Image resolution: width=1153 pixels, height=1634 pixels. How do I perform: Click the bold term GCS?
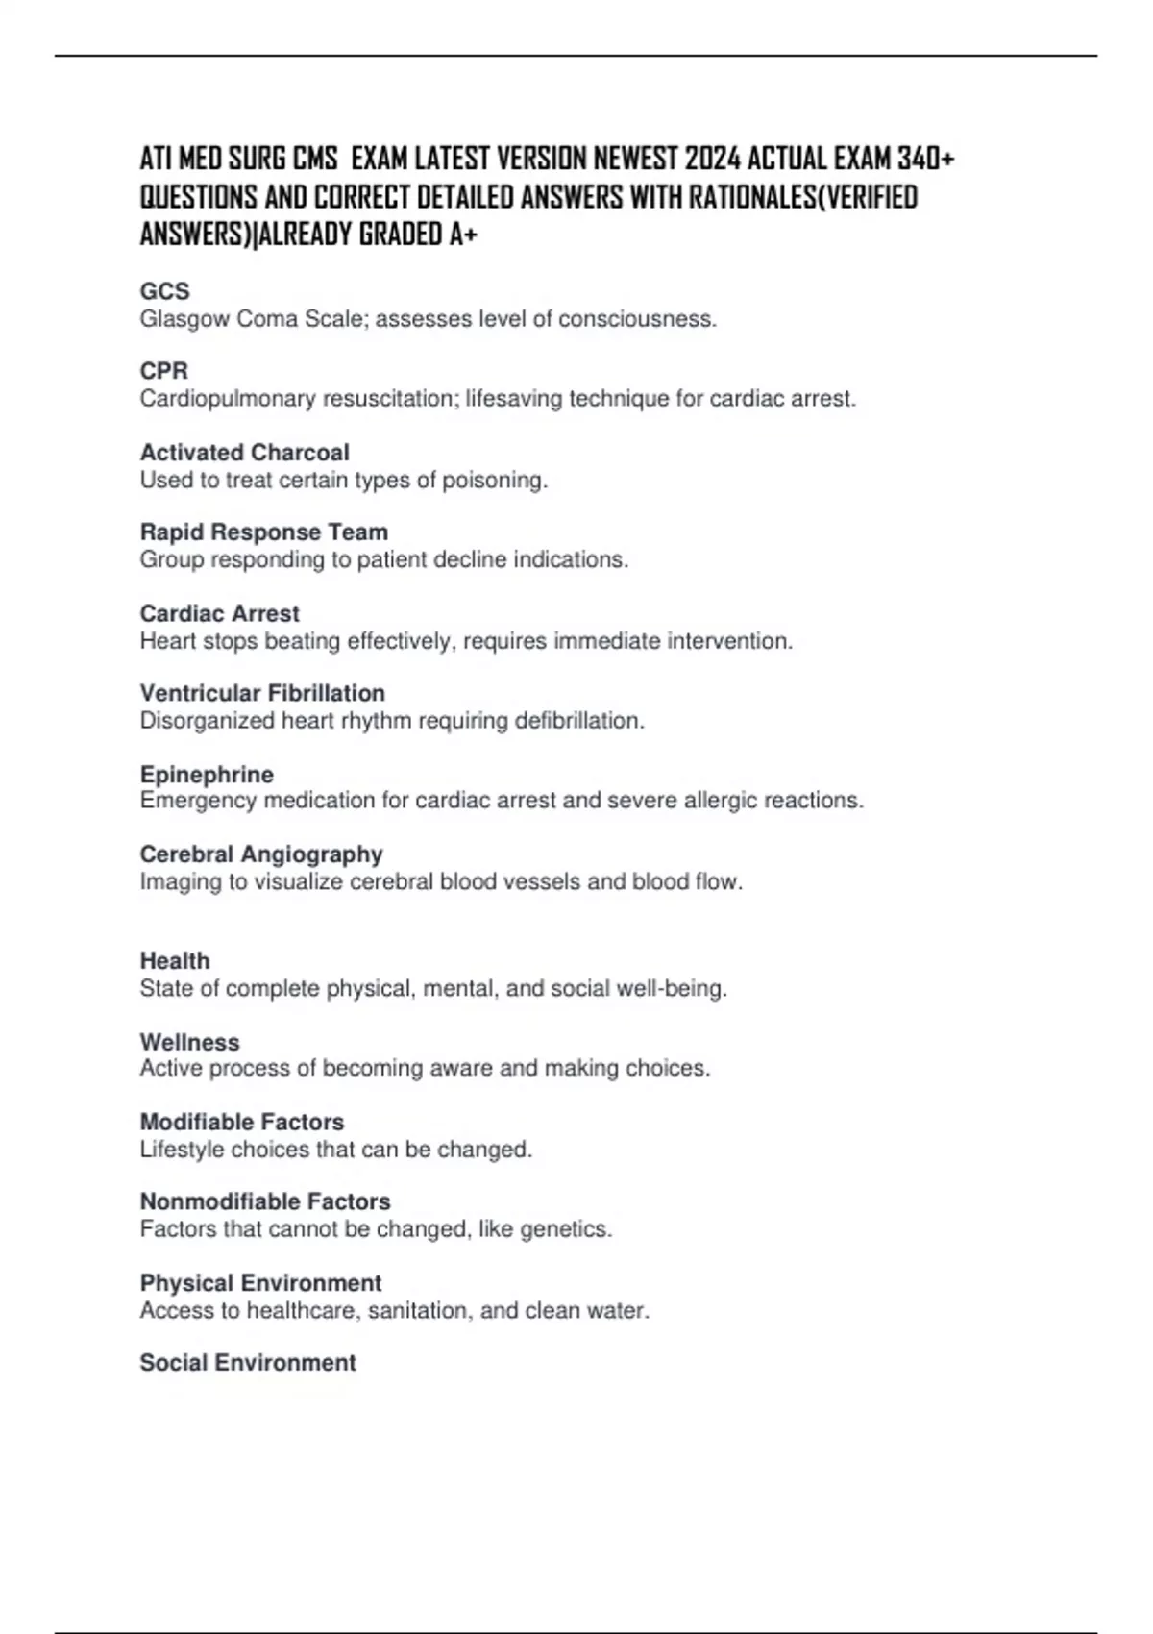tap(164, 291)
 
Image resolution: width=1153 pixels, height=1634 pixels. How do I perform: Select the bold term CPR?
tap(163, 371)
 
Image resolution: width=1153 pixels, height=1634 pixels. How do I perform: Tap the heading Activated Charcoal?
tap(244, 452)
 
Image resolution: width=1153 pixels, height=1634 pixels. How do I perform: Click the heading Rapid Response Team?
tap(263, 532)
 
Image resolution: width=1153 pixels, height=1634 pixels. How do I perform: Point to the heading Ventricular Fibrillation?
tap(262, 693)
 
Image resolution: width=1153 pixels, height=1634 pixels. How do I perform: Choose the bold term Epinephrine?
tap(207, 774)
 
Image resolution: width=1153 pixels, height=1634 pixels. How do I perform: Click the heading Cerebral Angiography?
tap(261, 854)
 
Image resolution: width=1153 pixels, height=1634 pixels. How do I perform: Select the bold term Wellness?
tap(189, 1042)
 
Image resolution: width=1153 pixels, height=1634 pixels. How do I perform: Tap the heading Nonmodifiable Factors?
tap(265, 1201)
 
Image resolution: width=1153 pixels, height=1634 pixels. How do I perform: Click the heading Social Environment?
tap(248, 1363)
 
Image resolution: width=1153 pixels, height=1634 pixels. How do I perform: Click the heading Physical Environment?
tap(260, 1283)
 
